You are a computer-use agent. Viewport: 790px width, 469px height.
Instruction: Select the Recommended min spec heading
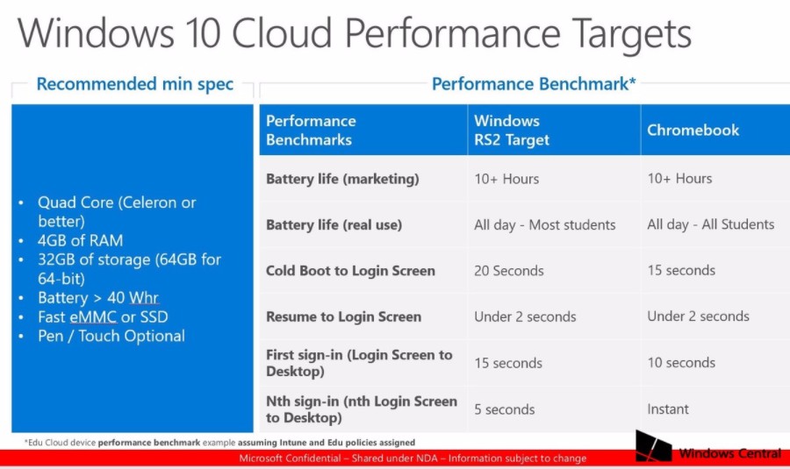[135, 84]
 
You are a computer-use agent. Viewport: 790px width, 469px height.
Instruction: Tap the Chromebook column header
[693, 130]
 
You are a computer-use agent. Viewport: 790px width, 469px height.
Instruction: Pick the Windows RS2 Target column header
[512, 130]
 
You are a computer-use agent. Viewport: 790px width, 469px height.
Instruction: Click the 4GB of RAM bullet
[80, 240]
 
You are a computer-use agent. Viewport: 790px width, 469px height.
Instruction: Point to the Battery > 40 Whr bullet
[97, 298]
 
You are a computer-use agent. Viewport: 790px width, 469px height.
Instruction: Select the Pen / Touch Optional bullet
[111, 336]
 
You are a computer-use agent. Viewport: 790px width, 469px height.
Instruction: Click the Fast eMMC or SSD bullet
[102, 316]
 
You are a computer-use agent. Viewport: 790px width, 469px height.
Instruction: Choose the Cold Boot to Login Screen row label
[350, 270]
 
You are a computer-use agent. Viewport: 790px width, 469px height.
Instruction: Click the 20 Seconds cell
[508, 270]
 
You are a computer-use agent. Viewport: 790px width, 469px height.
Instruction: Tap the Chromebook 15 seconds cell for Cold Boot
[681, 270]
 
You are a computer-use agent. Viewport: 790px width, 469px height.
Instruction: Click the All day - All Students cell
[710, 224]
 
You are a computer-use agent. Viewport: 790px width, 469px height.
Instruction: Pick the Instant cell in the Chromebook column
[668, 409]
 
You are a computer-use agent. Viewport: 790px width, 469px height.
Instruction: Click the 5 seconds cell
[504, 409]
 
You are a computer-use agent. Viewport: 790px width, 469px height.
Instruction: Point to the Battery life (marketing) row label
[342, 179]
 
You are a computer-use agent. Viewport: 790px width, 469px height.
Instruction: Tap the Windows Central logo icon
[654, 446]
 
